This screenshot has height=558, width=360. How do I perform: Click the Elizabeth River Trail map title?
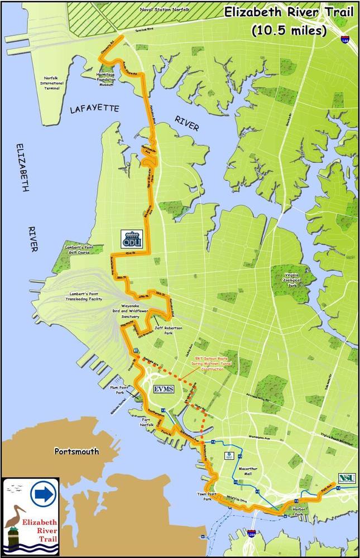click(289, 21)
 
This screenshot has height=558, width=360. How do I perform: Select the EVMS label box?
click(166, 388)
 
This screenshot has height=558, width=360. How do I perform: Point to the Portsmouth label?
click(76, 451)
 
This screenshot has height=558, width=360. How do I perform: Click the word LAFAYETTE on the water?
click(94, 109)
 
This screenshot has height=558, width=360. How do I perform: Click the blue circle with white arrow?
click(43, 493)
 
